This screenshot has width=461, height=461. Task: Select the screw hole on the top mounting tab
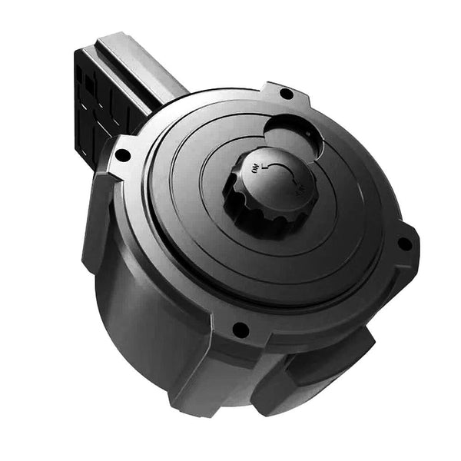tap(286, 94)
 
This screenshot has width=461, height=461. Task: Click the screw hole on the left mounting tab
tap(121, 154)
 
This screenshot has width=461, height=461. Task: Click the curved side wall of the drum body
tap(154, 307)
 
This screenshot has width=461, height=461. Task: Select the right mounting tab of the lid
tap(400, 246)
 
